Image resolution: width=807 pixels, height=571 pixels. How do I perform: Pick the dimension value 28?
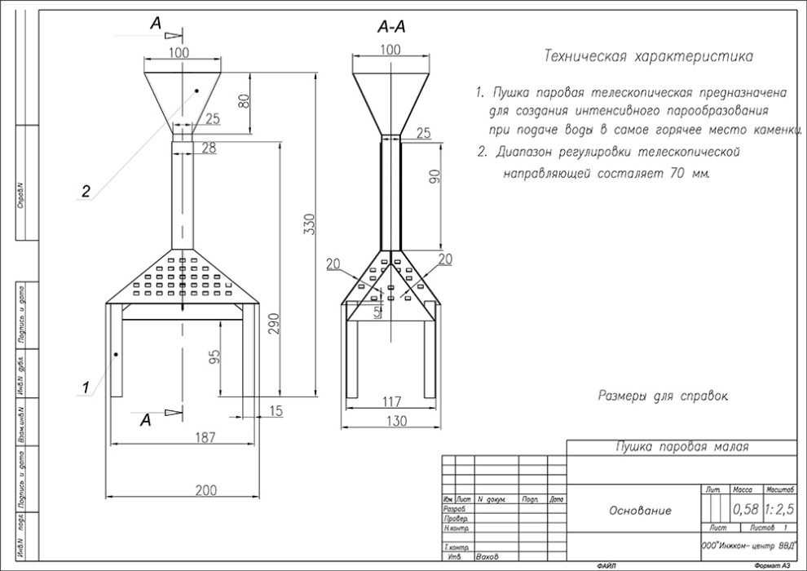pos(208,147)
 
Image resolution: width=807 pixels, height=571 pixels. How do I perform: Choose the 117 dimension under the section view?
pos(391,401)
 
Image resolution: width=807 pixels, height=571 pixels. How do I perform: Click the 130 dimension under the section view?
pos(391,421)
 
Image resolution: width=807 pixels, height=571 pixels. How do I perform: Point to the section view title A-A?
pos(391,28)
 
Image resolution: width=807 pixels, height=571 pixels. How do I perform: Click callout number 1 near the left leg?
pos(84,389)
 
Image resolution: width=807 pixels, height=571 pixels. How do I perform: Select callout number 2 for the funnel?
pos(85,192)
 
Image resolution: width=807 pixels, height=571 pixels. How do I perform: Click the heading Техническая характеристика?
pos(648,56)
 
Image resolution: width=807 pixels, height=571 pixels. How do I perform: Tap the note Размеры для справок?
pos(662,396)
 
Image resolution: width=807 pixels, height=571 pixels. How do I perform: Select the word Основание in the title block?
pos(641,511)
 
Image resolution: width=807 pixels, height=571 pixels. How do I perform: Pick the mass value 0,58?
pos(745,510)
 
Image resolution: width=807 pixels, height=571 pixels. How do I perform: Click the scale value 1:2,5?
pos(780,510)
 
